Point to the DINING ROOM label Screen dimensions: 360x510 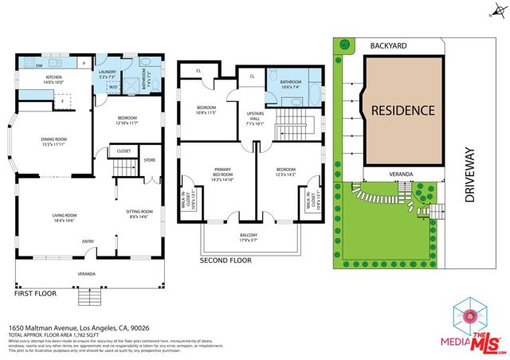[x=53, y=140]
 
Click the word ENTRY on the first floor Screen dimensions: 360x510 [x=88, y=241]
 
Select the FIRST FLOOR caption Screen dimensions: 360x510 [x=37, y=294]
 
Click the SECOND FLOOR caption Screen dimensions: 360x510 [x=226, y=260]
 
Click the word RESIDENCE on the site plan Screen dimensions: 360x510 [x=402, y=110]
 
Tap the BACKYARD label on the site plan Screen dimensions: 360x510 [x=388, y=47]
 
